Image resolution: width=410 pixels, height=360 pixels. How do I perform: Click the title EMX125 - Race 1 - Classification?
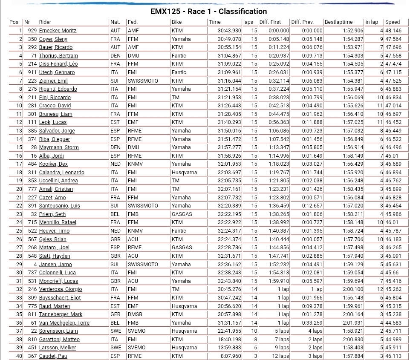(208, 12)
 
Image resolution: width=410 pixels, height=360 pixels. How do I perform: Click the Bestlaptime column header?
(338, 22)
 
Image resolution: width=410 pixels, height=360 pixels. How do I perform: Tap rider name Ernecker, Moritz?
(58, 31)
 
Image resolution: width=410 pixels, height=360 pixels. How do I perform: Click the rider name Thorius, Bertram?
(58, 56)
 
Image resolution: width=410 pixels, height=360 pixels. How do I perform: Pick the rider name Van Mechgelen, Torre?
(64, 323)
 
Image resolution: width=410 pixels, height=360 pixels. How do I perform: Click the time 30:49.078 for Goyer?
(229, 39)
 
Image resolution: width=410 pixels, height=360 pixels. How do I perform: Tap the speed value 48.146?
(393, 31)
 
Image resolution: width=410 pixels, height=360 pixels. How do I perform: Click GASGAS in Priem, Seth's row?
(182, 214)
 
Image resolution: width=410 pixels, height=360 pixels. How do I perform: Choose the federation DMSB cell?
(135, 314)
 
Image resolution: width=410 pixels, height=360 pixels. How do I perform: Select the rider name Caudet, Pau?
(53, 356)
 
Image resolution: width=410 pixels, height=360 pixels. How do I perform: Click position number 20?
(19, 189)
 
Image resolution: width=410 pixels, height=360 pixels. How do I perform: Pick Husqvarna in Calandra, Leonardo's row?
(184, 173)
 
